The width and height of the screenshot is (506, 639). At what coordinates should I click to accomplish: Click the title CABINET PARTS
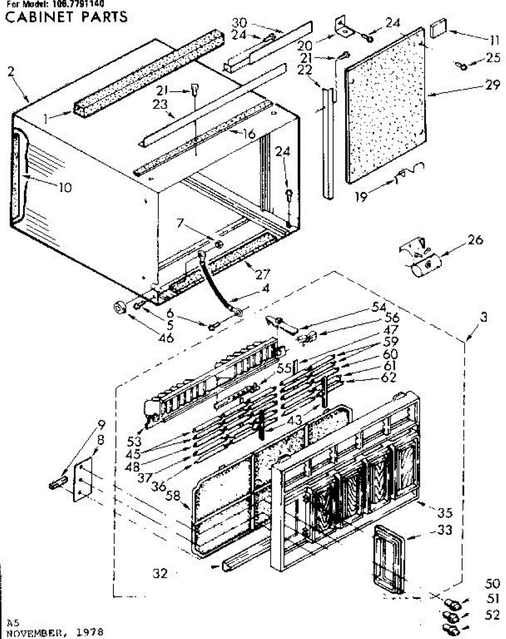coord(67,17)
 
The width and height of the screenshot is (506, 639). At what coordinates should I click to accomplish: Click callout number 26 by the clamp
coord(475,240)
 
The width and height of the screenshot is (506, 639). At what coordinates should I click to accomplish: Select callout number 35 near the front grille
coord(445,513)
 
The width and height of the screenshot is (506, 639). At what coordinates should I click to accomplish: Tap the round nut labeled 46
coord(120,307)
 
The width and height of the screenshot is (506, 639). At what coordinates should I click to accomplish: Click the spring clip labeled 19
coord(409,173)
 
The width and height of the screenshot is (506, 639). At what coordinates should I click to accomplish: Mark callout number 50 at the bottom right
coord(494,583)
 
